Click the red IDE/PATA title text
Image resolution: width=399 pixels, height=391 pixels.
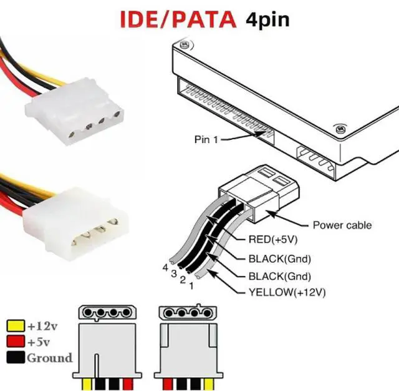click(x=178, y=19)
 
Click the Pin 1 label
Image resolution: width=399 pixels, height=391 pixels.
click(x=206, y=139)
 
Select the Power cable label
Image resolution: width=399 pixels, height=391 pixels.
click(x=342, y=225)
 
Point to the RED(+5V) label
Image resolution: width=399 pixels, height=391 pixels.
click(x=273, y=239)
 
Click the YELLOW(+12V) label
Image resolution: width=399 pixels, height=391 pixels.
click(x=287, y=292)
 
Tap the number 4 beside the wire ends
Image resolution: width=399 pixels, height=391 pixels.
click(x=165, y=267)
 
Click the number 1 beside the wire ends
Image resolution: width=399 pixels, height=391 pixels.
click(x=191, y=286)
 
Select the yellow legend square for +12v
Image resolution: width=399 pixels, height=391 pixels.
click(x=16, y=326)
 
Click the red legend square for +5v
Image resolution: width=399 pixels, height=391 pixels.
click(x=16, y=342)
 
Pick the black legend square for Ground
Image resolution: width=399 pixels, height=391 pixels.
click(x=16, y=357)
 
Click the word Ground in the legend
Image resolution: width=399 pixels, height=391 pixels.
click(x=50, y=358)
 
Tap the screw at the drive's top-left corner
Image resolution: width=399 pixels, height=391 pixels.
click(x=184, y=44)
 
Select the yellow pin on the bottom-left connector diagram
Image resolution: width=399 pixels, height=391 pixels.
click(x=87, y=384)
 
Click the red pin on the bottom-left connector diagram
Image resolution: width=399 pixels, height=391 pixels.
click(x=128, y=384)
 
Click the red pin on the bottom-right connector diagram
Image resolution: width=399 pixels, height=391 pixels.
click(x=168, y=384)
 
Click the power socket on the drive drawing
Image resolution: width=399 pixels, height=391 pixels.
click(x=316, y=162)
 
